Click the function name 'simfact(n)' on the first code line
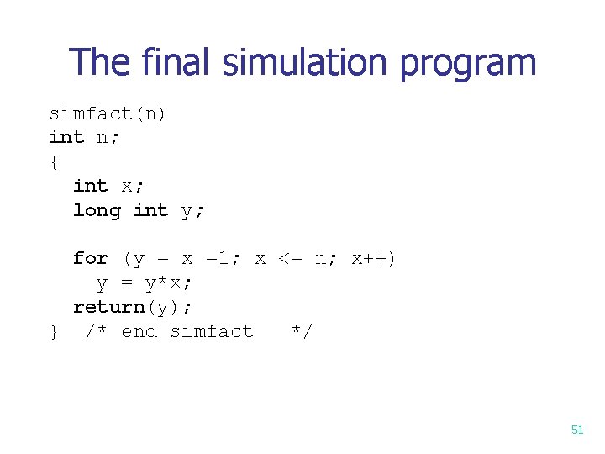click(x=108, y=113)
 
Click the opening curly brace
click(x=54, y=161)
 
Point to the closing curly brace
click(x=54, y=332)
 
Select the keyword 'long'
click(x=97, y=210)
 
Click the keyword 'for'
click(x=90, y=258)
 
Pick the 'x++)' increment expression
click(x=373, y=258)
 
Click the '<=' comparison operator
click(x=290, y=258)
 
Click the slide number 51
click(x=576, y=430)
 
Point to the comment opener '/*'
click(x=97, y=331)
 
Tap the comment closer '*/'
click(x=301, y=331)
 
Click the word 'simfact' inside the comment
click(x=211, y=331)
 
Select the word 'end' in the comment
click(x=139, y=331)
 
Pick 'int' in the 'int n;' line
click(x=66, y=137)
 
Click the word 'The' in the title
click(x=98, y=63)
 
